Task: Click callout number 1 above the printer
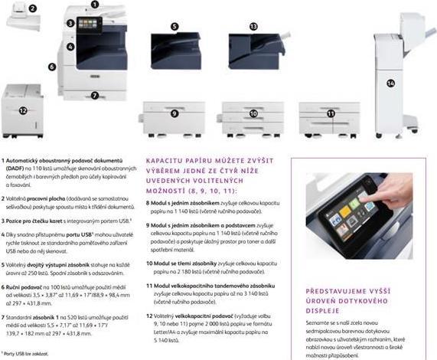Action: coord(94,5)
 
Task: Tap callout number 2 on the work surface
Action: coord(33,7)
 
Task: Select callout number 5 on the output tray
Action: coord(174,27)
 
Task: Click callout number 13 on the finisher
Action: coord(253,26)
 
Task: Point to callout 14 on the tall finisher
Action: coord(390,83)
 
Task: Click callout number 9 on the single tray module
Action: coord(174,113)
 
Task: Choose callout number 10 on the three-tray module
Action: coord(253,113)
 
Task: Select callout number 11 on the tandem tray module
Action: coord(331,113)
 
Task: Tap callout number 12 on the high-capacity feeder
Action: coord(23,110)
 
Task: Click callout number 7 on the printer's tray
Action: coord(94,96)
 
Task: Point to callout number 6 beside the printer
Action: coord(52,67)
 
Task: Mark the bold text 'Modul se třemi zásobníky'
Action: coord(184,262)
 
